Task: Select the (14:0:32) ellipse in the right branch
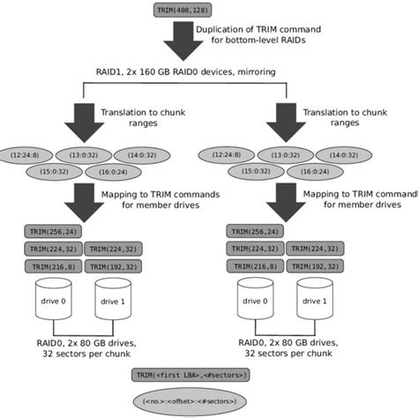tap(354, 154)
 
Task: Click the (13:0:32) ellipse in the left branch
tap(95, 154)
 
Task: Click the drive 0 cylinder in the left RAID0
tap(56, 302)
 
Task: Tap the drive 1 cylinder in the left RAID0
tap(116, 302)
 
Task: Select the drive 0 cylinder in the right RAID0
tap(257, 302)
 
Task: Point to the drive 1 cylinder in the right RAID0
tap(318, 302)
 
